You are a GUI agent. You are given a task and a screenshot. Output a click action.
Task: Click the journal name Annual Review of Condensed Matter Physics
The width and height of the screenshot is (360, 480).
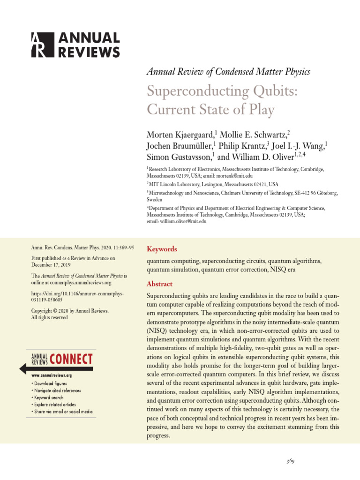click(228, 72)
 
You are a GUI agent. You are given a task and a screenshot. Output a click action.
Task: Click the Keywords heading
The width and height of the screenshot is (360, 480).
click(162, 249)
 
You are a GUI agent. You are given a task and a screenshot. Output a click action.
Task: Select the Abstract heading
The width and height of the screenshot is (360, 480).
click(159, 284)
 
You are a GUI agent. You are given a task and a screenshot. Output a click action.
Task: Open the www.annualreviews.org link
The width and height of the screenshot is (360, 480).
click(52, 375)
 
